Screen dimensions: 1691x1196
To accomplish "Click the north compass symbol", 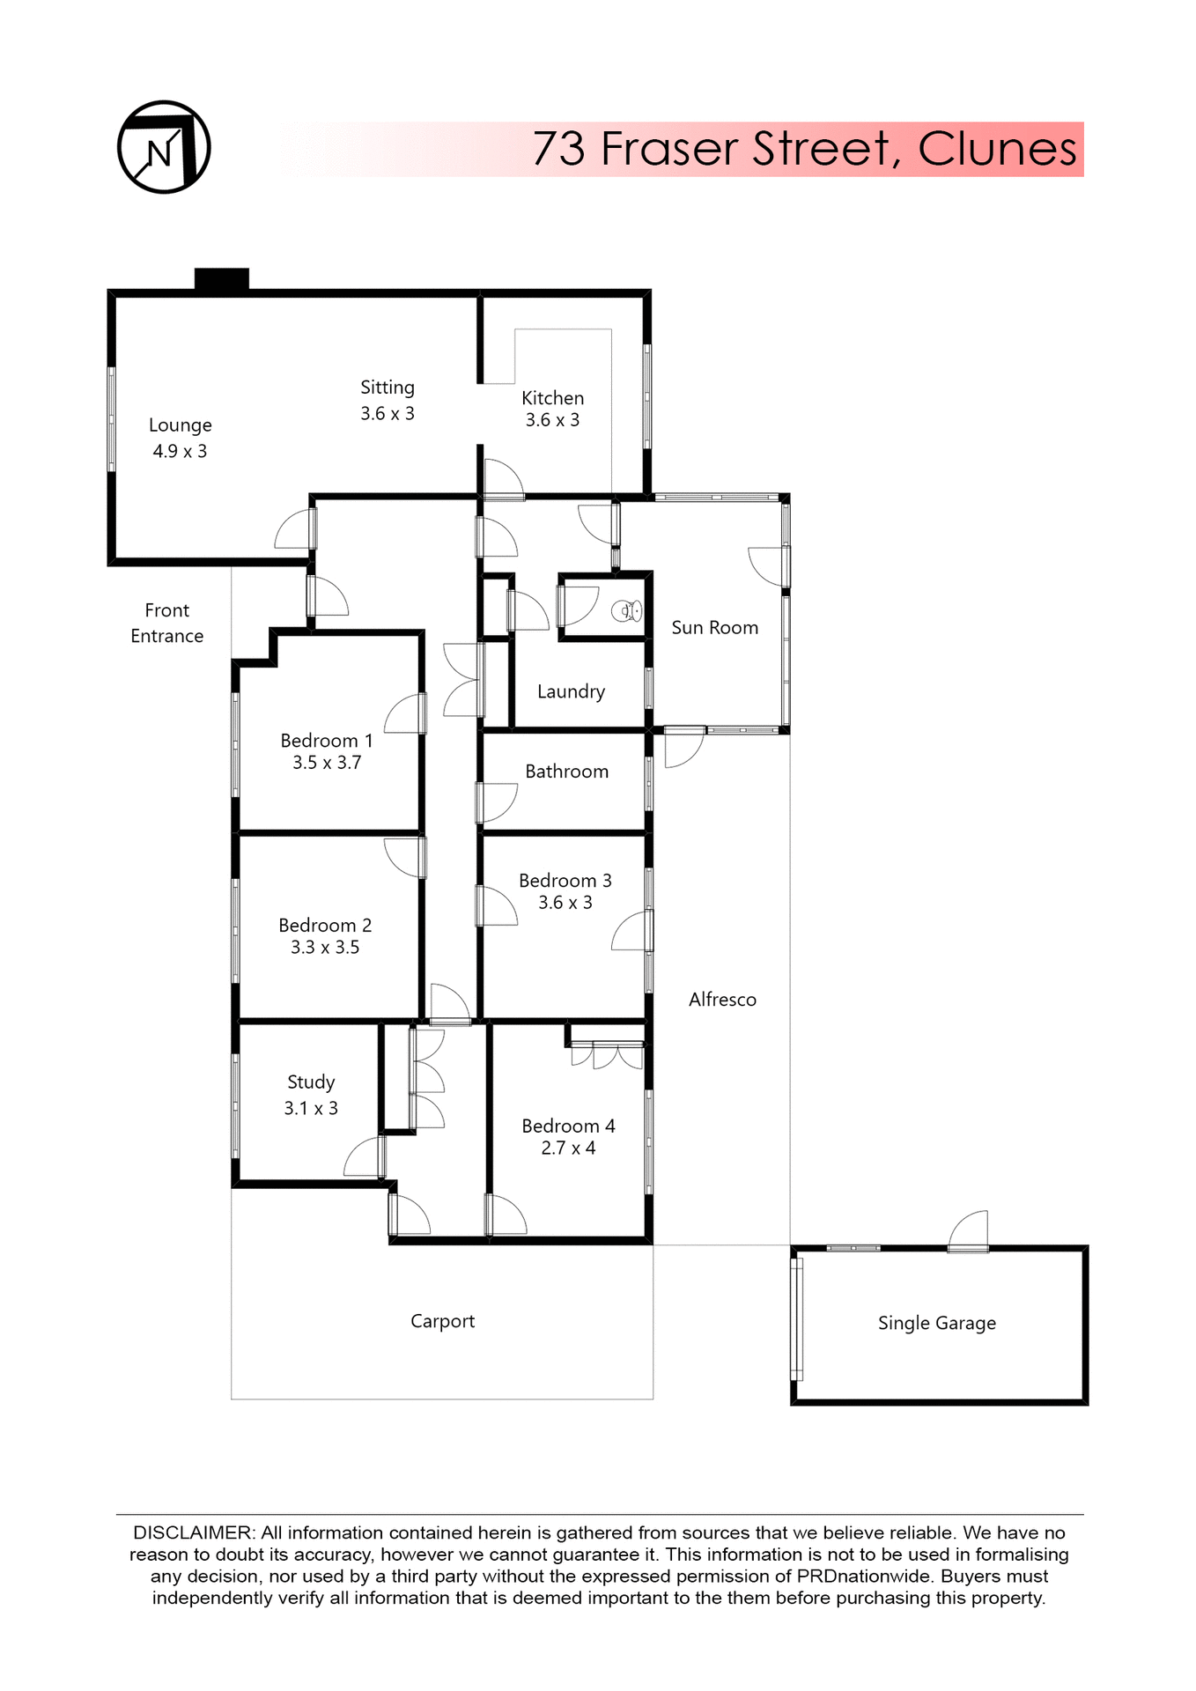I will pyautogui.click(x=164, y=147).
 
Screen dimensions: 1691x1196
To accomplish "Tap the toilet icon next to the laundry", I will pyautogui.click(x=627, y=609).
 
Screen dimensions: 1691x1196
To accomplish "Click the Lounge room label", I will pyautogui.click(x=181, y=425).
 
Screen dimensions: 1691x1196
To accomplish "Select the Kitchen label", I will pyautogui.click(x=552, y=398).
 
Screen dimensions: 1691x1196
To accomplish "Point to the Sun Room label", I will pyautogui.click(x=714, y=628).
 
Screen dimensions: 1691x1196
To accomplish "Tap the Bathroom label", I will pyautogui.click(x=566, y=772).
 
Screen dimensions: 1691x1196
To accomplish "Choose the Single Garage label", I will pyautogui.click(x=936, y=1323).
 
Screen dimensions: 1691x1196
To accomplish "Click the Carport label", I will pyautogui.click(x=442, y=1321).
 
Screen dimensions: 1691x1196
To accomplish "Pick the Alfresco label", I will pyautogui.click(x=722, y=1000).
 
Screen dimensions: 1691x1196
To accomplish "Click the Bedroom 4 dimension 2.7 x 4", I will pyautogui.click(x=568, y=1148).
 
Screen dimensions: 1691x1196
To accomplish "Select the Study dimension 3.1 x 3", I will pyautogui.click(x=310, y=1108).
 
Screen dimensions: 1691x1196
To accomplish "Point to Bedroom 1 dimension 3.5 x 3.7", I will pyautogui.click(x=327, y=763).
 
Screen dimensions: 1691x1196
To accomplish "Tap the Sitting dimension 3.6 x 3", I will pyautogui.click(x=387, y=413).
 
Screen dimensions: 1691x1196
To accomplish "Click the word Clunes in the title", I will pyautogui.click(x=997, y=149).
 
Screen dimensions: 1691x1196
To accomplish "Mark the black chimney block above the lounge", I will pyautogui.click(x=222, y=279).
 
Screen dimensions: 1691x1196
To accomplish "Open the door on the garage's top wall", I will pyautogui.click(x=969, y=1233).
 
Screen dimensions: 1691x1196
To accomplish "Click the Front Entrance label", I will pyautogui.click(x=167, y=623).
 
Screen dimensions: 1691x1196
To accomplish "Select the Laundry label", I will pyautogui.click(x=571, y=692).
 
